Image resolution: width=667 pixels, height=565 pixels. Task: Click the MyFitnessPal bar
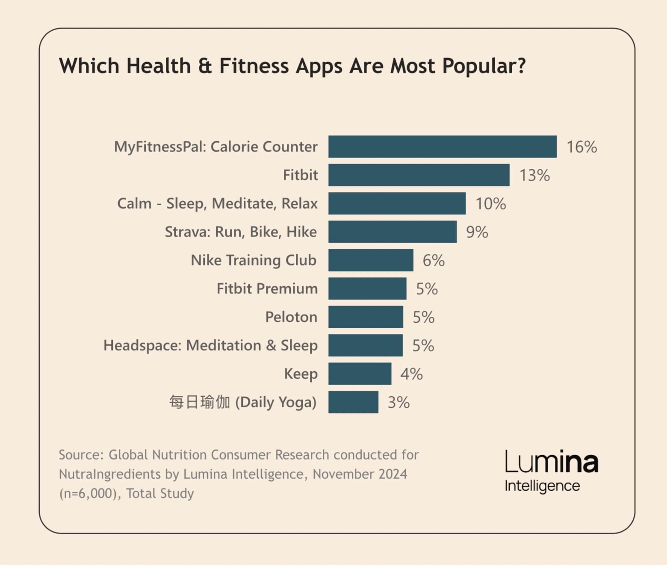coord(443,147)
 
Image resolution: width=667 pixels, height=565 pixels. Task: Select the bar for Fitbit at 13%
coord(419,175)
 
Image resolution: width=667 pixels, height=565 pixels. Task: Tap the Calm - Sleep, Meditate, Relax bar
coord(397,203)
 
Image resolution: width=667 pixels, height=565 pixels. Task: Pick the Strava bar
coord(393,232)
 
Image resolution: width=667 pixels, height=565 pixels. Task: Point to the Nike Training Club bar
coord(371,260)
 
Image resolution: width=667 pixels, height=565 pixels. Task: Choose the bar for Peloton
coord(366,317)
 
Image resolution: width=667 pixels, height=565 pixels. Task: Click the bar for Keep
coord(360,374)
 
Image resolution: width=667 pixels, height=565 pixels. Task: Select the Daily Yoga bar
coord(353,402)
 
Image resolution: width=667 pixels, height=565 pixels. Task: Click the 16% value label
coord(581,147)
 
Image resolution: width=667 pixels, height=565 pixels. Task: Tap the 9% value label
coord(477,232)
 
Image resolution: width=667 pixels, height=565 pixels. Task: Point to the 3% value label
coord(398,403)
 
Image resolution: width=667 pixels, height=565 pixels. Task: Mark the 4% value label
coord(411,374)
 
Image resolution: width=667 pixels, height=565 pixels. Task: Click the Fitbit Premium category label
coord(267,289)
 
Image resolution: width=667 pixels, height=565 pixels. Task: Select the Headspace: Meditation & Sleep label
coord(210,345)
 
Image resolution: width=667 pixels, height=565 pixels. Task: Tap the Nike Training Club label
coord(254,260)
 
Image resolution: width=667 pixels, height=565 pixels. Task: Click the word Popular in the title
coord(484,66)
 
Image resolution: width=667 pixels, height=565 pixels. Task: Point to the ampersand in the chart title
coord(205,66)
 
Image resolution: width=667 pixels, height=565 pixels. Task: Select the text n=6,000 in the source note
coord(88,494)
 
